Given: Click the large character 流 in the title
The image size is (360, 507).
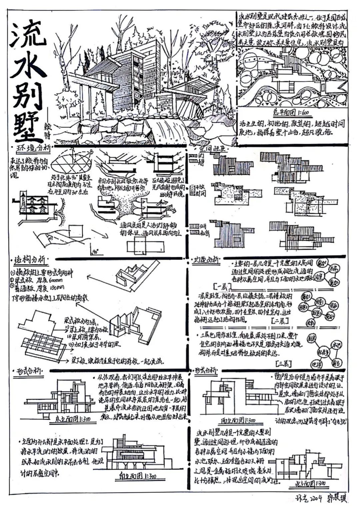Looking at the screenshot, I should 28,36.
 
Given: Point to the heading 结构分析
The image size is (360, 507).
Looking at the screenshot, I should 32,260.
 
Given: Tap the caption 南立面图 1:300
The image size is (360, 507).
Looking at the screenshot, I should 136,476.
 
